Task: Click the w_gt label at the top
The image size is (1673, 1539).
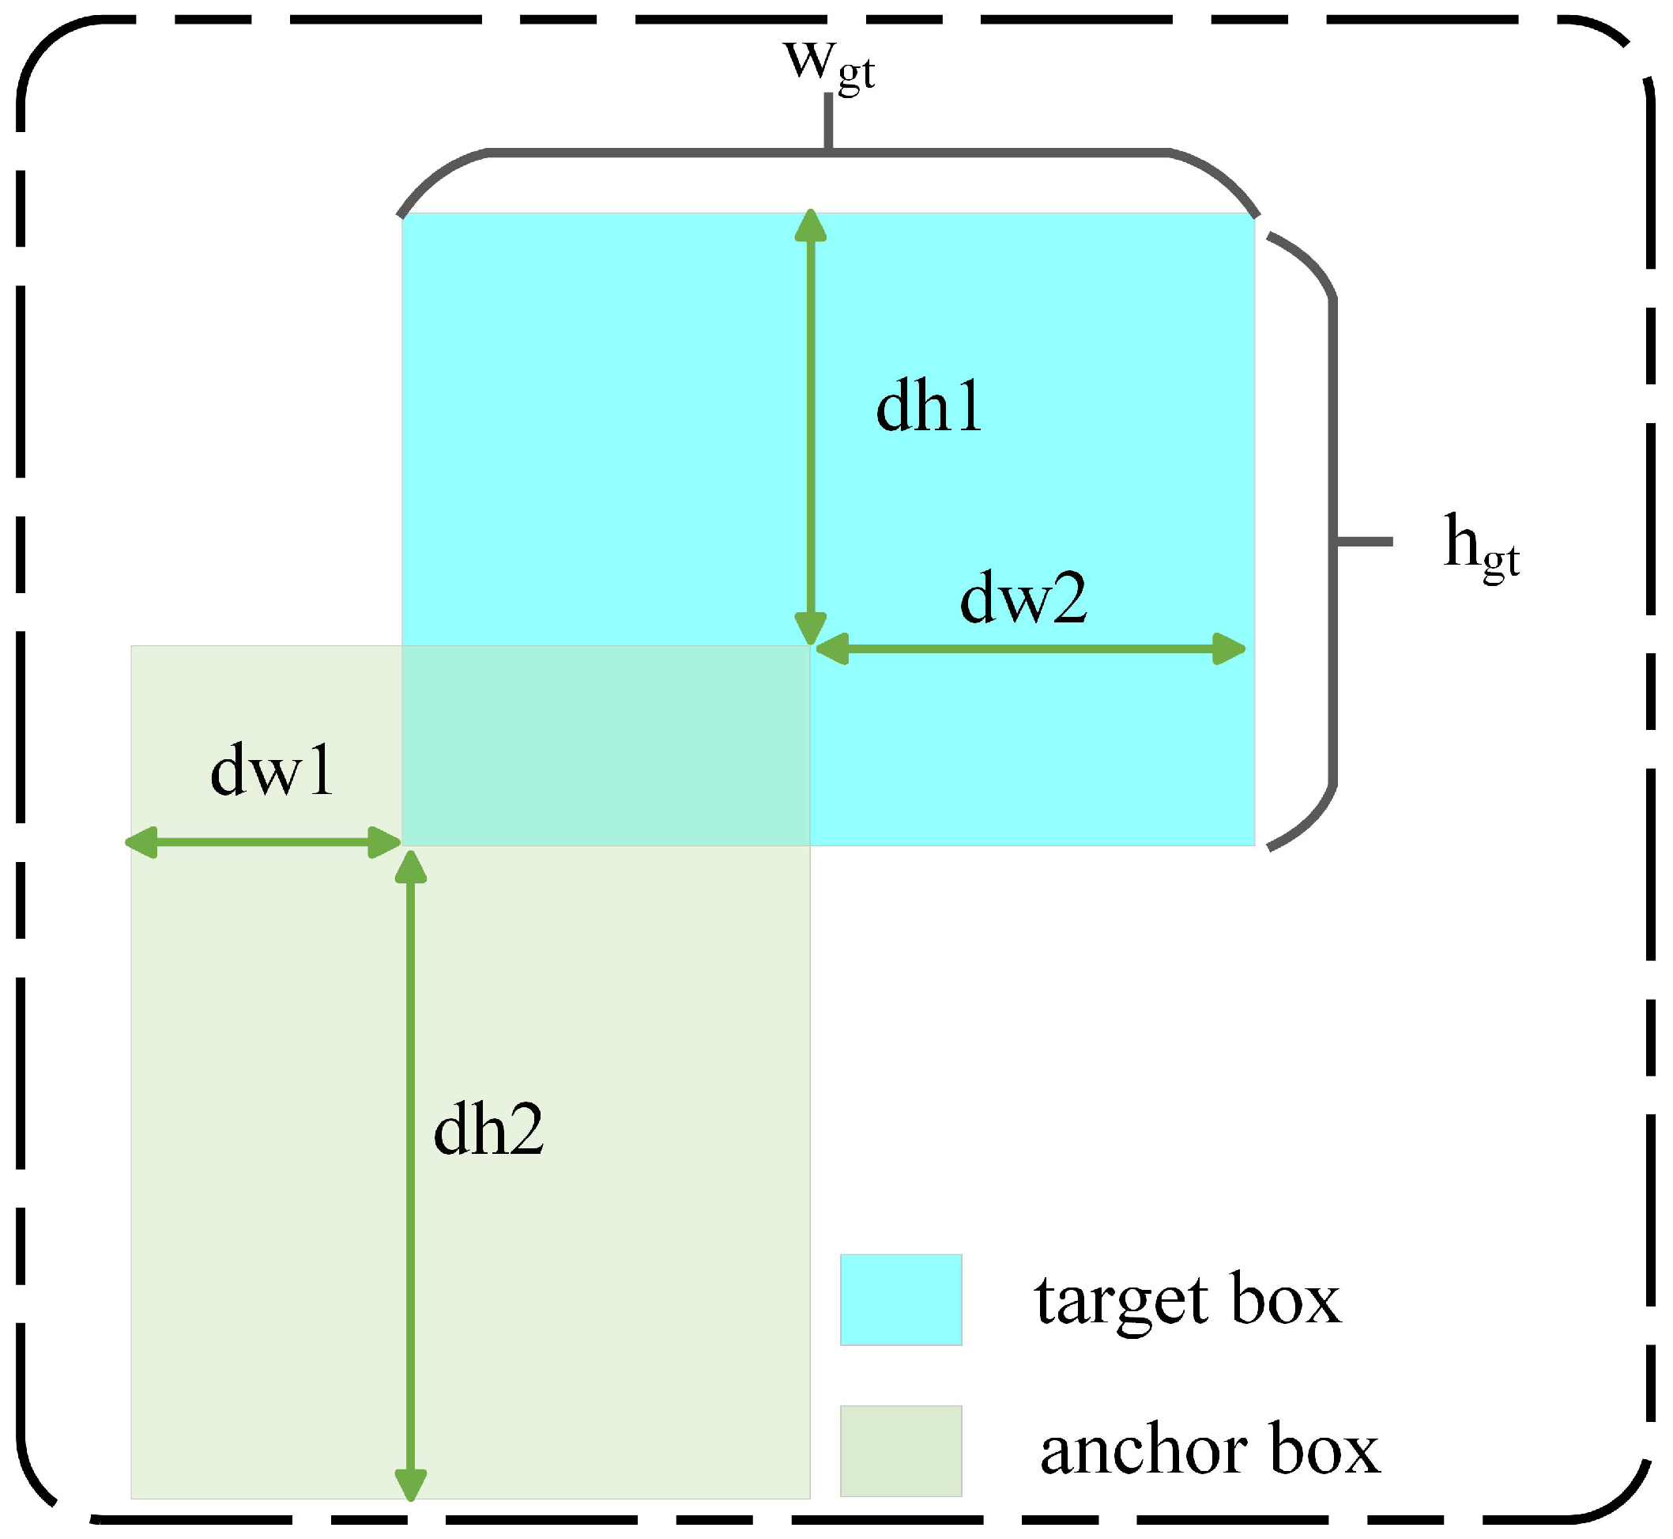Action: tap(828, 65)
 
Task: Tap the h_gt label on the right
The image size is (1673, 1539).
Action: tap(1480, 546)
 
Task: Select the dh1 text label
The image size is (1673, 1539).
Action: tap(928, 408)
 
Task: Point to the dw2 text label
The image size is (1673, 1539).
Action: tap(1022, 598)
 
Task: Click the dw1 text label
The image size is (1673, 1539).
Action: tap(271, 771)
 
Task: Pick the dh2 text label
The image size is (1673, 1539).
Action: tap(488, 1130)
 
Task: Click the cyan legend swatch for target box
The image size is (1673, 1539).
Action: tap(901, 1300)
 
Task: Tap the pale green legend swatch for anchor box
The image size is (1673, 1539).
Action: tap(901, 1450)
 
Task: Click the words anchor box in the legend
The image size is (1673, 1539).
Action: tap(1208, 1450)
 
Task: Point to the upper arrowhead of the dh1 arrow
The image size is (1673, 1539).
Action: tap(810, 226)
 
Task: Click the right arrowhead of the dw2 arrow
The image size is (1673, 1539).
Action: tap(1229, 648)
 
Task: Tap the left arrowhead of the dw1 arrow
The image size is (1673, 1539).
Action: tap(142, 843)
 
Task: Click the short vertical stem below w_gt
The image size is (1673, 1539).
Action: tap(828, 122)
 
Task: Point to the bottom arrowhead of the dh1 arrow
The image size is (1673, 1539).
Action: tap(810, 629)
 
